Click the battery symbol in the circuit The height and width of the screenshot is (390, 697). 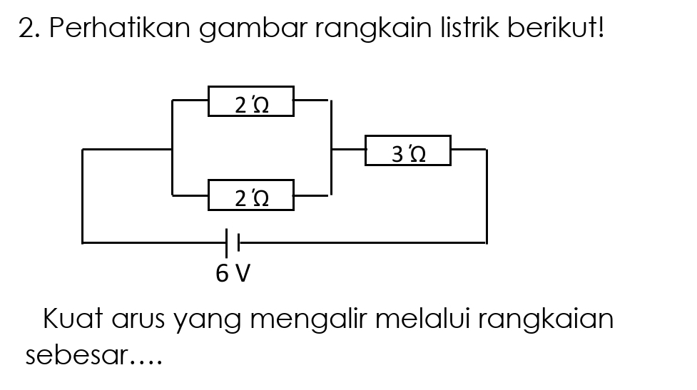233,243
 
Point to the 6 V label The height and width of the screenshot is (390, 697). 233,273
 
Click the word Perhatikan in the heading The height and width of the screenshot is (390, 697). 119,28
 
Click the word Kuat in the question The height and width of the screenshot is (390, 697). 73,318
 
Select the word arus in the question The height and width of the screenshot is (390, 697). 138,321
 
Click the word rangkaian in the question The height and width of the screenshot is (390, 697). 546,320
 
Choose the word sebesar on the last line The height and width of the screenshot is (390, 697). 76,354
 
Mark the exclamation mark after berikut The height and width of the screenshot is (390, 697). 601,28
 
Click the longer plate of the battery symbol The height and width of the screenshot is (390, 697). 227,243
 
